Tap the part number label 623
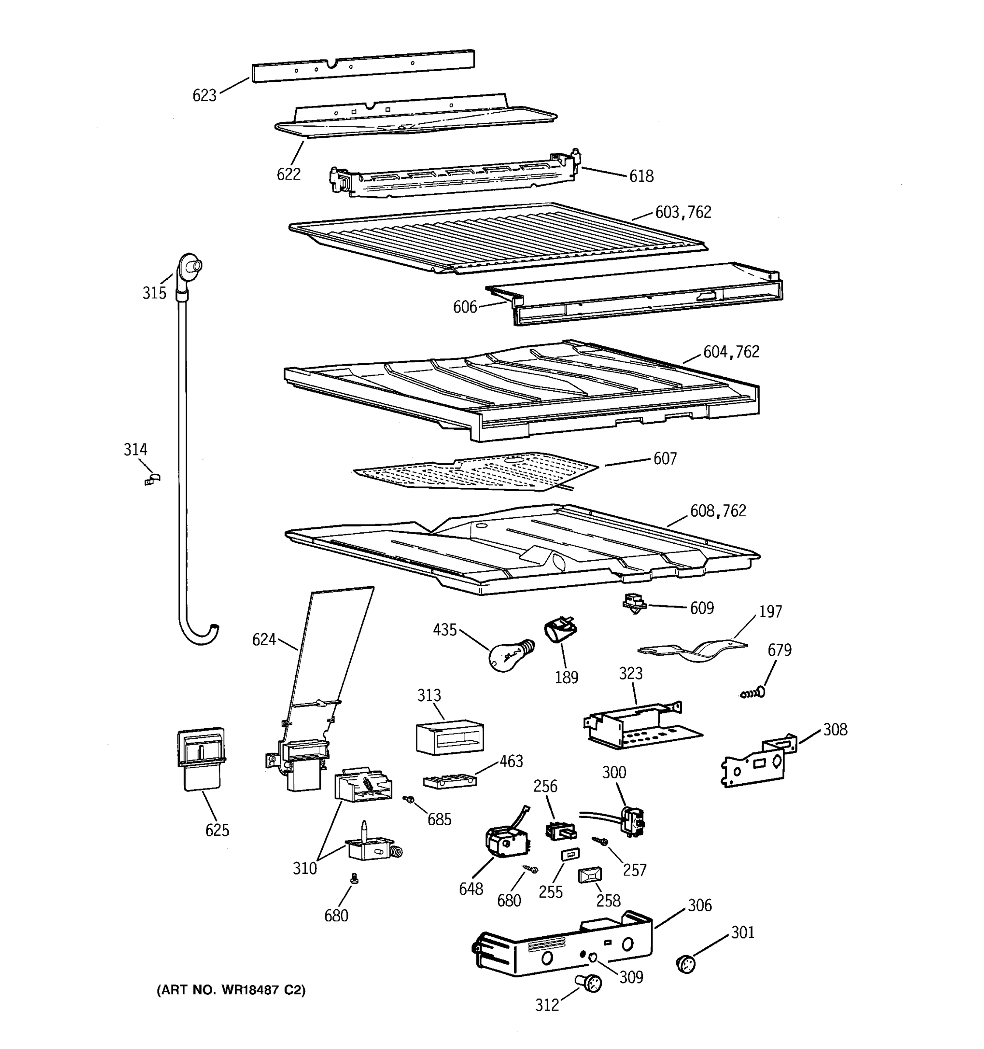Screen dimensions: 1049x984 click(x=204, y=96)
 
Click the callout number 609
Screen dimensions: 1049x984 click(x=701, y=608)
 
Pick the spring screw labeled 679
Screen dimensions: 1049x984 click(x=754, y=693)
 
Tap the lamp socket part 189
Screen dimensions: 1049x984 click(x=560, y=631)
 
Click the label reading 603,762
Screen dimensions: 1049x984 click(x=683, y=212)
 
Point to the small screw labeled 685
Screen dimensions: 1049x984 click(x=408, y=800)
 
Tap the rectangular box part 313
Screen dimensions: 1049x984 click(x=449, y=737)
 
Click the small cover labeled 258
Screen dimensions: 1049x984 click(x=590, y=876)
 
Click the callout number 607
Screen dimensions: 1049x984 click(x=665, y=459)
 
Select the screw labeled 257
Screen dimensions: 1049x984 click(x=600, y=840)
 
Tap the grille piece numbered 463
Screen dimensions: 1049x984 click(x=449, y=781)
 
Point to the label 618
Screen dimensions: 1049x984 click(x=641, y=176)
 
